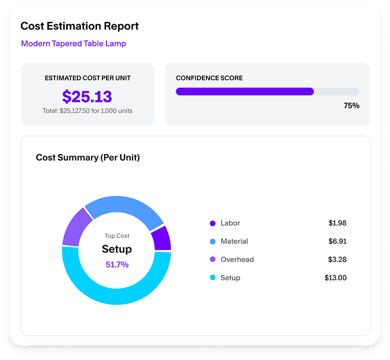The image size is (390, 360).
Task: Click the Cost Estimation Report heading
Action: point(79,26)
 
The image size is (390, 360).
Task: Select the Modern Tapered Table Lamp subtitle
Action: point(73,43)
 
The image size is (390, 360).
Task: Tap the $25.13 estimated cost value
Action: point(87,96)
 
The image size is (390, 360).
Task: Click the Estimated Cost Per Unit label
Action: point(88,78)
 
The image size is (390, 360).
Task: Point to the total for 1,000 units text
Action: point(88,111)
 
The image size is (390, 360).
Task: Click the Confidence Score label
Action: point(209,78)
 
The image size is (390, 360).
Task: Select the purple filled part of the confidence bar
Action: point(244,92)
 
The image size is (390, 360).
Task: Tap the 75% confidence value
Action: point(351,105)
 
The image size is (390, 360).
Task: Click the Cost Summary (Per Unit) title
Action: point(88,157)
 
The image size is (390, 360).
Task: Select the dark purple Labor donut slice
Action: point(161,237)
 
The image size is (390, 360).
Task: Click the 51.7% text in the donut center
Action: point(117,264)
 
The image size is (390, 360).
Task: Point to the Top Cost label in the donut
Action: point(117,236)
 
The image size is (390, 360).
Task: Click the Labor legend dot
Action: point(213,223)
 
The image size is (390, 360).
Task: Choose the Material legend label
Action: point(234,242)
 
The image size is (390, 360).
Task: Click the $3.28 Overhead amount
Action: point(337,259)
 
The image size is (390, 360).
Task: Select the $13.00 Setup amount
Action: point(335,277)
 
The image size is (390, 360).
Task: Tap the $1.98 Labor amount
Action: point(337,223)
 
